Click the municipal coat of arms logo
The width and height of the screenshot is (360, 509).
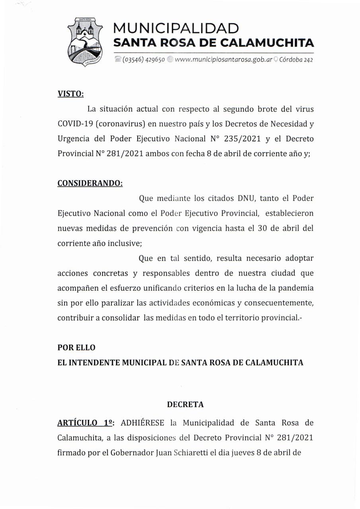pos(85,41)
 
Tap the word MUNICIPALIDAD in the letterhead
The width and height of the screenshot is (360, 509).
pos(176,29)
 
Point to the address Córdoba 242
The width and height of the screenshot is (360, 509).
pos(296,60)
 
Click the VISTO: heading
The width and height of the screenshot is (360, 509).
pos(71,94)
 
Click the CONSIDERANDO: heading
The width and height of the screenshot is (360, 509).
pos(90,183)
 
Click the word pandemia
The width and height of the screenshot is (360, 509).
pos(295,288)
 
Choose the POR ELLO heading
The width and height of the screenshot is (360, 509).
pos(76,347)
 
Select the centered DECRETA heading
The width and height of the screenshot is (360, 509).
pos(185,404)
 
